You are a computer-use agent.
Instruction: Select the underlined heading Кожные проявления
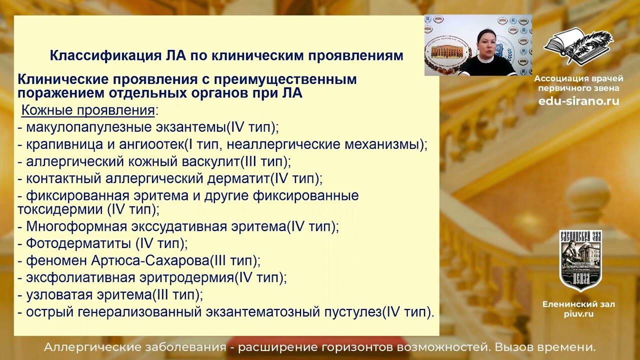click(x=87, y=110)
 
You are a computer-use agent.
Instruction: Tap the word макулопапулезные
click(x=82, y=127)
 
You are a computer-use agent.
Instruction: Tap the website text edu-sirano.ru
click(x=578, y=101)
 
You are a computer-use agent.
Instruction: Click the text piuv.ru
click(x=578, y=314)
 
